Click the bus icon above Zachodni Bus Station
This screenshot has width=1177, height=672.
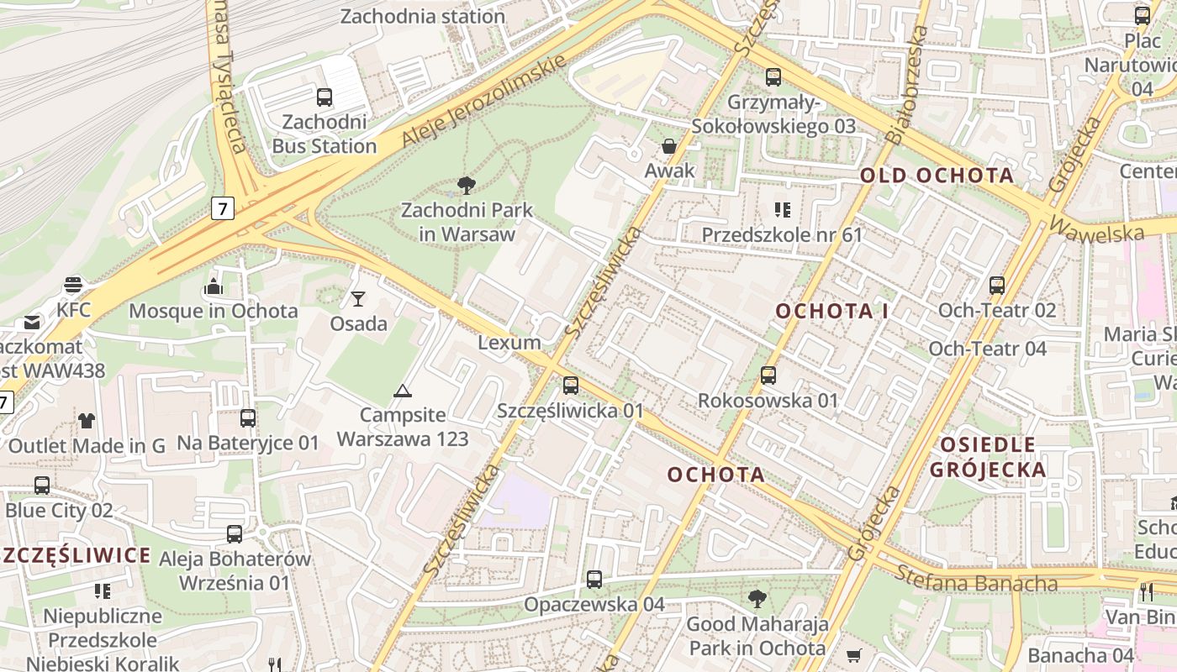(x=325, y=97)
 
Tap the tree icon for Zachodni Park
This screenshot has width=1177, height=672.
(x=466, y=186)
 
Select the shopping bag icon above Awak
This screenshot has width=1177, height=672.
(x=669, y=147)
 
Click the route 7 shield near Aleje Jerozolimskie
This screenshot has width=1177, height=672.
(x=222, y=209)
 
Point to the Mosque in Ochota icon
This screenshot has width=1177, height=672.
(x=213, y=287)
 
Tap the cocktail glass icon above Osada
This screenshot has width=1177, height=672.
(x=358, y=299)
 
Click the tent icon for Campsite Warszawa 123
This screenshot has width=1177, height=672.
(x=403, y=391)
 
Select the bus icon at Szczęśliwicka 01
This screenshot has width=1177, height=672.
(x=571, y=386)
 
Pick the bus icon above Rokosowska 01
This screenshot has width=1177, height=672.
(x=768, y=375)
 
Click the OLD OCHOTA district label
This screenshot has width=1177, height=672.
(x=937, y=176)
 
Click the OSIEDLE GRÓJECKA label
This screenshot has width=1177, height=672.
(x=988, y=457)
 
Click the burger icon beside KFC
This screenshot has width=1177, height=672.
(x=73, y=286)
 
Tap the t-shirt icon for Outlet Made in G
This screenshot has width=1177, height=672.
(x=87, y=421)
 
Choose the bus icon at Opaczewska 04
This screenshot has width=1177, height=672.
(x=594, y=580)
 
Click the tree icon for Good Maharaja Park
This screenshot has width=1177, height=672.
(x=757, y=599)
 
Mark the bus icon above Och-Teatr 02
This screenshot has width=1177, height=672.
(x=997, y=286)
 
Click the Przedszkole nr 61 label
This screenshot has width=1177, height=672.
(x=782, y=235)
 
